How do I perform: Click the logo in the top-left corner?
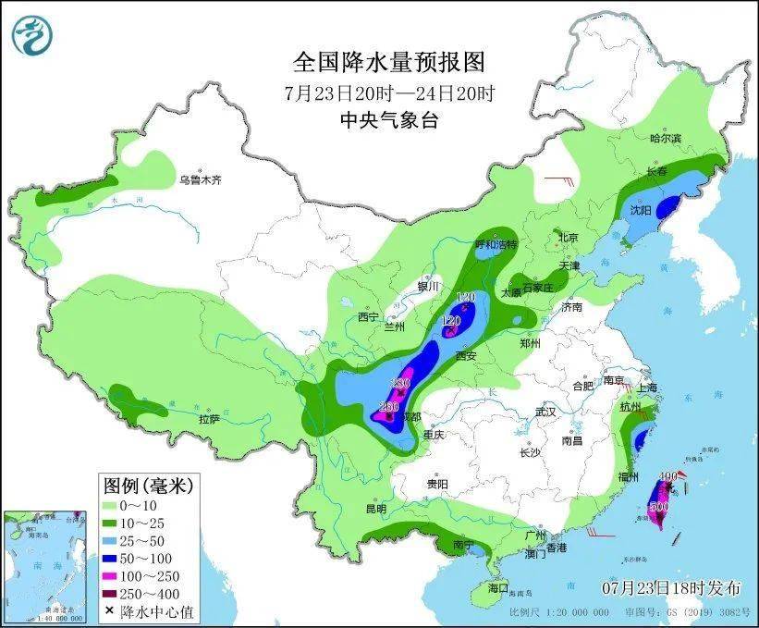point(32,33)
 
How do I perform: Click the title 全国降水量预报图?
point(389,63)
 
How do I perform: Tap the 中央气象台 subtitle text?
point(388,120)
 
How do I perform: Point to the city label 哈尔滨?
point(665,139)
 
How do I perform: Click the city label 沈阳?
point(641,210)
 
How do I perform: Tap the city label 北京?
point(568,238)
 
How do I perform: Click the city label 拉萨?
point(209,419)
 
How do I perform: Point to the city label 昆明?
point(374,508)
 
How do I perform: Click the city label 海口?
point(497,587)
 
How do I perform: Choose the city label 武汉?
point(546,412)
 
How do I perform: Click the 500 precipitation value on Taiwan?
point(659,507)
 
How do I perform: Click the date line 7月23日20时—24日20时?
point(389,92)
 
